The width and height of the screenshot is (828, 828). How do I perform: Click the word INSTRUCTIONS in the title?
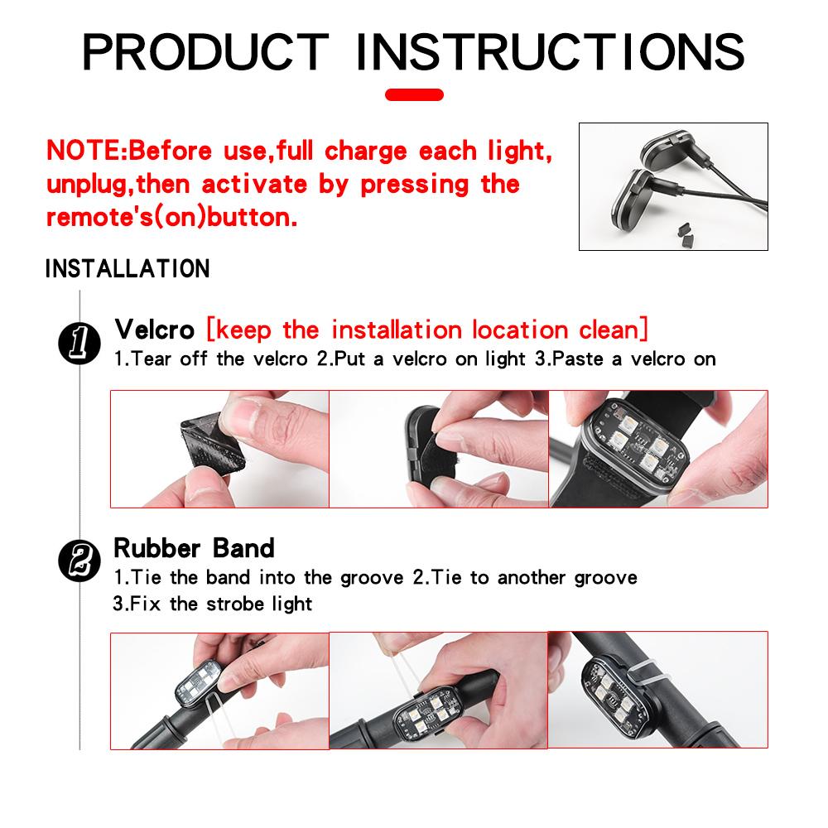tap(550, 52)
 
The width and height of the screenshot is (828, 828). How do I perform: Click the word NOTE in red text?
tap(84, 152)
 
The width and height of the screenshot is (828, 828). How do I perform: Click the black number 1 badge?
tap(80, 342)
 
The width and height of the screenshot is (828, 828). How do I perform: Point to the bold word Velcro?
tap(154, 330)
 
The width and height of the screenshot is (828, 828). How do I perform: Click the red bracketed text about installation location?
tap(426, 330)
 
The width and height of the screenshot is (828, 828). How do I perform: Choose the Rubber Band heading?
tap(194, 548)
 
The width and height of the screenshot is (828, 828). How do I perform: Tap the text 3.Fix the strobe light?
tap(213, 603)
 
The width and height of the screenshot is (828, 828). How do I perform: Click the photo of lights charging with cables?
tap(672, 186)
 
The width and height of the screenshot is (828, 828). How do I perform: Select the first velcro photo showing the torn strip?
tap(219, 448)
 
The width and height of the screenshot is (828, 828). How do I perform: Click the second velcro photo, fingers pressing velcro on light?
tap(439, 448)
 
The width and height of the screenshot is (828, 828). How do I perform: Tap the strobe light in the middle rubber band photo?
tap(428, 713)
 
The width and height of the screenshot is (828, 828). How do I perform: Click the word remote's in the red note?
tap(92, 219)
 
